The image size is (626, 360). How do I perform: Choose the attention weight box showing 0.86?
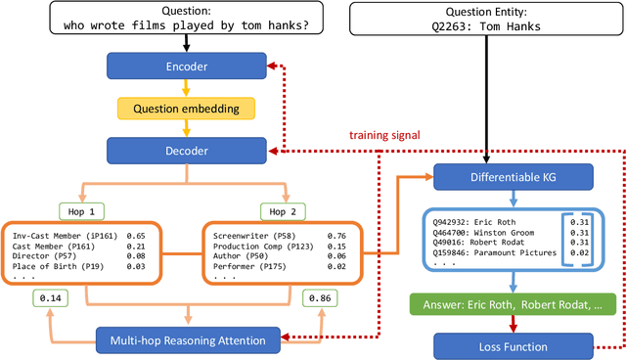(x=322, y=296)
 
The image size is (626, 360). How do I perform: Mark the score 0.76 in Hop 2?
(x=335, y=235)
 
